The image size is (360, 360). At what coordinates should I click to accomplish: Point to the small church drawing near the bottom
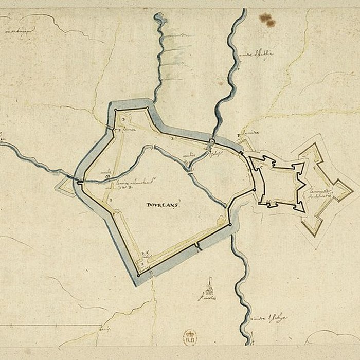(x=209, y=286)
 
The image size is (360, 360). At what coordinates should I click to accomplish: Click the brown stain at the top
(x=267, y=20)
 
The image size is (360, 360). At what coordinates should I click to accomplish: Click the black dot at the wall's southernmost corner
(x=138, y=275)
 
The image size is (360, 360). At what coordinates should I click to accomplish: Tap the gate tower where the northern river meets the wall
(x=211, y=141)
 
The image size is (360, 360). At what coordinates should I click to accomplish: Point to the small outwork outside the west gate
(x=64, y=185)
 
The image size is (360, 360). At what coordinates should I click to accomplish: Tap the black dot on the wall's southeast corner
(x=230, y=225)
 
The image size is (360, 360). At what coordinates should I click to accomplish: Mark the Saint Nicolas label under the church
(x=207, y=297)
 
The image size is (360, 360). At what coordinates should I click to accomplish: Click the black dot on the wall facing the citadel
(x=255, y=190)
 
